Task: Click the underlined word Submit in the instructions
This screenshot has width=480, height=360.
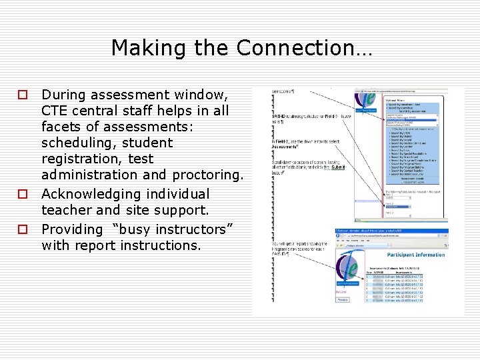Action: [x=339, y=167]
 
